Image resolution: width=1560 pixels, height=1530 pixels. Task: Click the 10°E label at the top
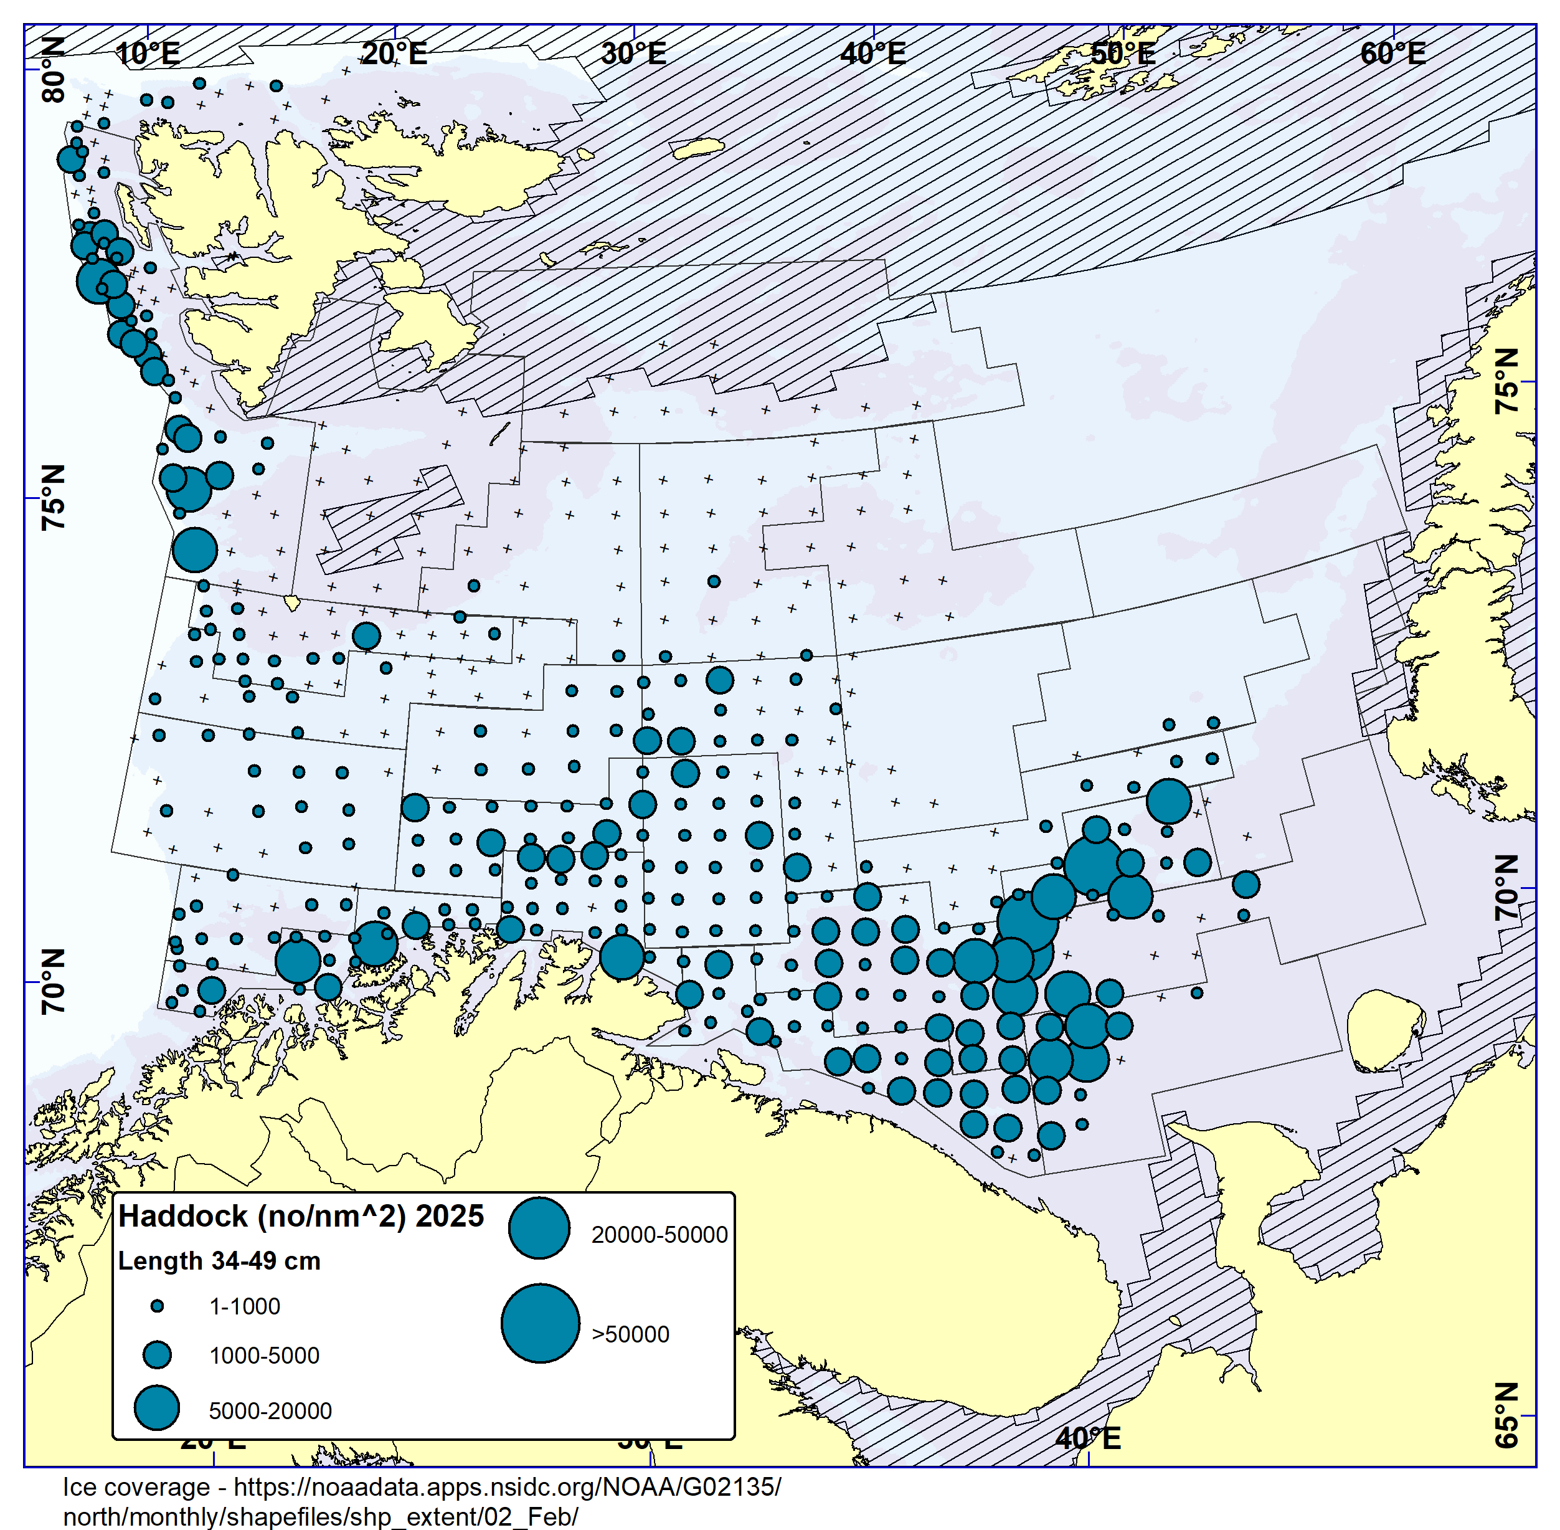click(147, 54)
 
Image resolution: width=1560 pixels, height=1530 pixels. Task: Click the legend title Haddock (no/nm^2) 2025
click(301, 1217)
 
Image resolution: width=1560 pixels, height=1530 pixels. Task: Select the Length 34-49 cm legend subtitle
click(219, 1261)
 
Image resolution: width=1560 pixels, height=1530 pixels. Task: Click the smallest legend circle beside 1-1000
click(158, 1306)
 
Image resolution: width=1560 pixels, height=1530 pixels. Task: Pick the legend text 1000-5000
click(264, 1356)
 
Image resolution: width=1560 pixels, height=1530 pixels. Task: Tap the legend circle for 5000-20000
click(157, 1408)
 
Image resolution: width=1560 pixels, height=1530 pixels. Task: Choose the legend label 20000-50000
click(659, 1235)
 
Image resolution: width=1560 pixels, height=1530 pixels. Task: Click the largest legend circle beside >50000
click(540, 1323)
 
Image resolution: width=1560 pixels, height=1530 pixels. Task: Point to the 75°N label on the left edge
click(53, 497)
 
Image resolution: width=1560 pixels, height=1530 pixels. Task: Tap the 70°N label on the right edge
click(1506, 887)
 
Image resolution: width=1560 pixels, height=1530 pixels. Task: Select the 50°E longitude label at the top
click(1122, 54)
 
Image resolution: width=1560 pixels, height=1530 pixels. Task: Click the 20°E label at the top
click(394, 54)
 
